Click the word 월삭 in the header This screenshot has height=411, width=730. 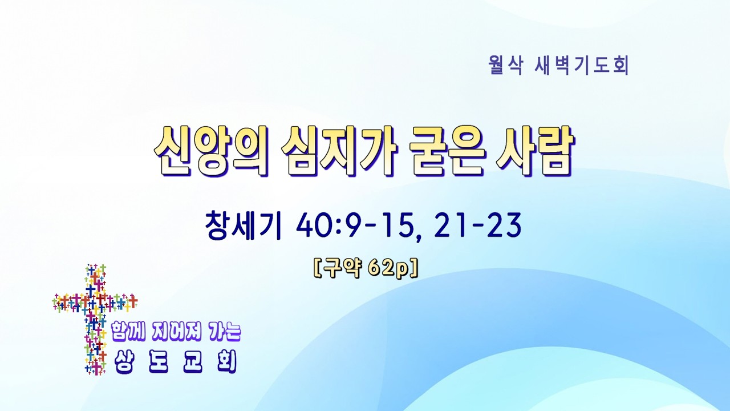click(506, 66)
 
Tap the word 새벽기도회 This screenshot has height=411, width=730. click(582, 66)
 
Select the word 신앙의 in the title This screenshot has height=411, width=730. click(211, 151)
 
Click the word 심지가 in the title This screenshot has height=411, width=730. click(339, 151)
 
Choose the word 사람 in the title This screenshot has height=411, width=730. click(535, 151)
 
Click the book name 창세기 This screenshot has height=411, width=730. click(243, 225)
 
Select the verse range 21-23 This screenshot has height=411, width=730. click(478, 225)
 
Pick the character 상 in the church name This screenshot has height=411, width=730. click(124, 362)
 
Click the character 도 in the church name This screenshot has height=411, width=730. click(159, 362)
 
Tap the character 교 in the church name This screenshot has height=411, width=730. click(193, 362)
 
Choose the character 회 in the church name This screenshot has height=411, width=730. click(226, 362)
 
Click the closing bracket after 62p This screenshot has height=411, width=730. click(413, 270)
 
